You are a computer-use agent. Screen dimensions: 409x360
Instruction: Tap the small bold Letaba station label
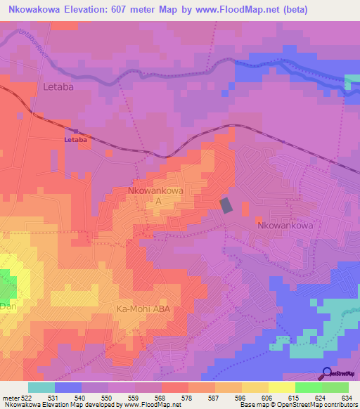(x=75, y=139)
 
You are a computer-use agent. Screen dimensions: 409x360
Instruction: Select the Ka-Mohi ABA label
(x=144, y=309)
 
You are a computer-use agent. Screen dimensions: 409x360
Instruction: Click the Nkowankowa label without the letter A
(x=285, y=226)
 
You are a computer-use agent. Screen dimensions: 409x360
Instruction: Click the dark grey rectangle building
(x=226, y=204)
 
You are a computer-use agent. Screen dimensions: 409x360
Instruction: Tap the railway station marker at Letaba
(x=75, y=131)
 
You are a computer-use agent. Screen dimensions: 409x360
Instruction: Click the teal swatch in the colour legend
(x=41, y=387)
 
